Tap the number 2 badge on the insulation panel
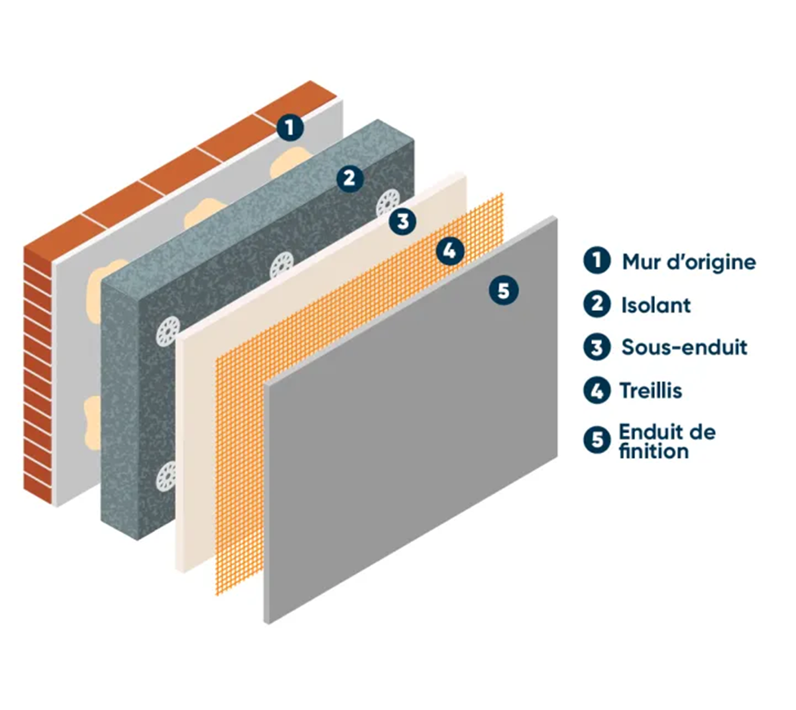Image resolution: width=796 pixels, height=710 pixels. [349, 178]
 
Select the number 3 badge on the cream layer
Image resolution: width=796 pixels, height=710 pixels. [402, 222]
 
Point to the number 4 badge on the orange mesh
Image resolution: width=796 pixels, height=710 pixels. [450, 251]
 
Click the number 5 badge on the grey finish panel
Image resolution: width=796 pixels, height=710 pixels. [504, 291]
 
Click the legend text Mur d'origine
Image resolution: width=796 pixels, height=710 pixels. [689, 263]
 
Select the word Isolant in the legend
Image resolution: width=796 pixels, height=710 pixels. [656, 305]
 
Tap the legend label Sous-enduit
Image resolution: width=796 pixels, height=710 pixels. [684, 348]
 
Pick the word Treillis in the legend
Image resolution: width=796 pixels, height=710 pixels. [651, 390]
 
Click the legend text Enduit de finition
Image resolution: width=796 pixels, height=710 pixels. [667, 442]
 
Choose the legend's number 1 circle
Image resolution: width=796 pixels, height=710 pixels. [597, 260]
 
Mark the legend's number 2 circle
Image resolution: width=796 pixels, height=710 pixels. [597, 304]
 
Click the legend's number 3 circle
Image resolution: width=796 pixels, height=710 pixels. [597, 348]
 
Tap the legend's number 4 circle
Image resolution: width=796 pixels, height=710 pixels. [597, 391]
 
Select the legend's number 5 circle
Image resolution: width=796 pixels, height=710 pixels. [597, 440]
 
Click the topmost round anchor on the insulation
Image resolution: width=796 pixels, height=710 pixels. [389, 202]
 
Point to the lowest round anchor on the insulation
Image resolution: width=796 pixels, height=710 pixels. [166, 477]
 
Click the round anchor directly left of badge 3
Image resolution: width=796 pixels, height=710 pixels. [282, 265]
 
